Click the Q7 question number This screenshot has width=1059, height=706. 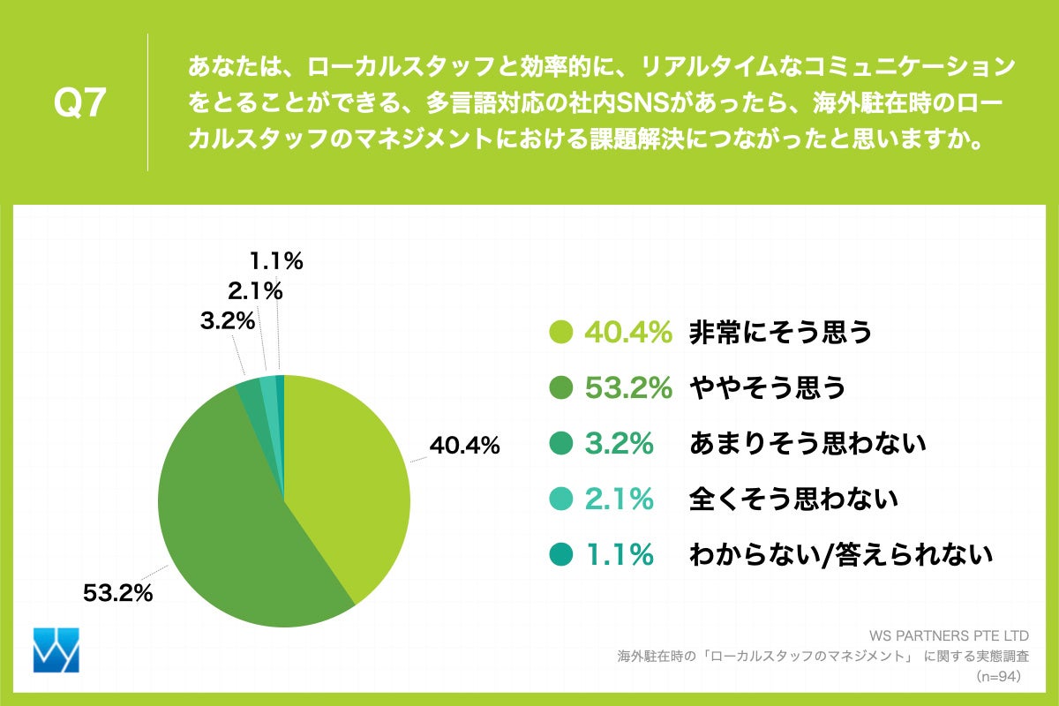tap(80, 104)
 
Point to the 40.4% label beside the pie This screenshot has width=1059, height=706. tap(464, 447)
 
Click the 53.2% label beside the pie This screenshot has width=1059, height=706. tap(117, 593)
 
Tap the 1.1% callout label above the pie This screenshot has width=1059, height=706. tap(275, 260)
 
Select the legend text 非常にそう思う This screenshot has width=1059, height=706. tap(780, 333)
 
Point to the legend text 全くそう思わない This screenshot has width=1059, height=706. tap(792, 499)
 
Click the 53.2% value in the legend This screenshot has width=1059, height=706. tap(629, 388)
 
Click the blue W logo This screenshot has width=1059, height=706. tap(56, 650)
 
